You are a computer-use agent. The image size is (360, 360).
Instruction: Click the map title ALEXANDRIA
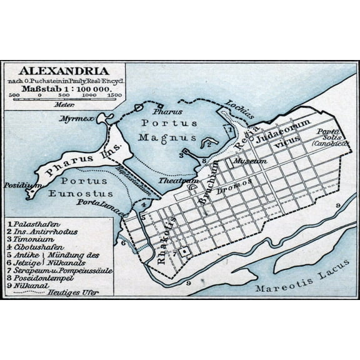click(x=64, y=71)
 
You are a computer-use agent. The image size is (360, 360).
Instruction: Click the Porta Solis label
click(x=331, y=132)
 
